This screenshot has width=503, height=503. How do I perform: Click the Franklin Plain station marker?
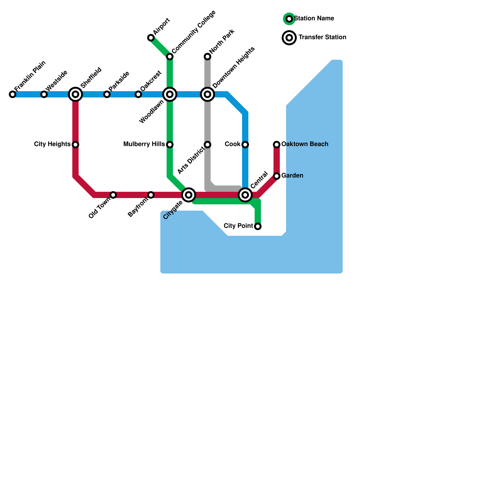coord(13,94)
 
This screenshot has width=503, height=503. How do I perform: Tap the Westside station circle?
coord(44,94)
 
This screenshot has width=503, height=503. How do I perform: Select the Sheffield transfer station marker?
coord(75,94)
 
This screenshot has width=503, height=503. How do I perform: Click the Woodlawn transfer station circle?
coord(170,94)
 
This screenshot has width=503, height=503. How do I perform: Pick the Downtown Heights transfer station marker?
coord(207,94)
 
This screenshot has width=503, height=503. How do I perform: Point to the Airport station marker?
coord(151,38)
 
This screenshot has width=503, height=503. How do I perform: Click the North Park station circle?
coord(207,57)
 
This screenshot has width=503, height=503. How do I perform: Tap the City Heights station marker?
coord(75,145)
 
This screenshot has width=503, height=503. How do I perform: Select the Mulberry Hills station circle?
coord(170,145)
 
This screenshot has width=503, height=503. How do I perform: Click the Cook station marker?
coord(245,145)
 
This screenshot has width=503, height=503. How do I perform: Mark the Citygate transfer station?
coord(189,195)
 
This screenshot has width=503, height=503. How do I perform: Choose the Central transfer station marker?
coord(245,195)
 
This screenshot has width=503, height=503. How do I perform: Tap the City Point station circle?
coord(258,226)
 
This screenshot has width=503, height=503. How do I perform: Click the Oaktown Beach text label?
coord(305,144)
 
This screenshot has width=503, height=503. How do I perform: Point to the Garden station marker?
coord(277,176)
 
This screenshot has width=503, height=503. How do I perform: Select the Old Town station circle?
coord(113,195)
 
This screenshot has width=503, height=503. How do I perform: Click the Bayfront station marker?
coord(151,195)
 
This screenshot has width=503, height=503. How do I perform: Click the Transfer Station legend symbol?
coord(289,38)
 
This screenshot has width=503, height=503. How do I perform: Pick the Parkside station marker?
coord(107,94)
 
